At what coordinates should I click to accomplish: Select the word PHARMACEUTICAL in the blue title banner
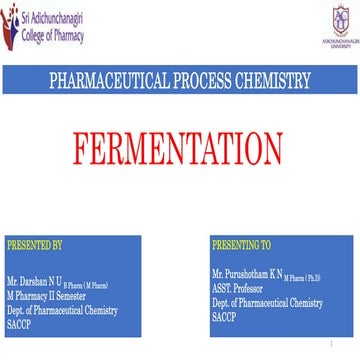coord(105,81)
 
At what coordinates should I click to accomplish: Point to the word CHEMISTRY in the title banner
coord(276,81)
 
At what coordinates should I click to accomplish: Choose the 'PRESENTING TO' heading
coord(241,243)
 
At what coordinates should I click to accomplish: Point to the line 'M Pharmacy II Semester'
coord(45,297)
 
